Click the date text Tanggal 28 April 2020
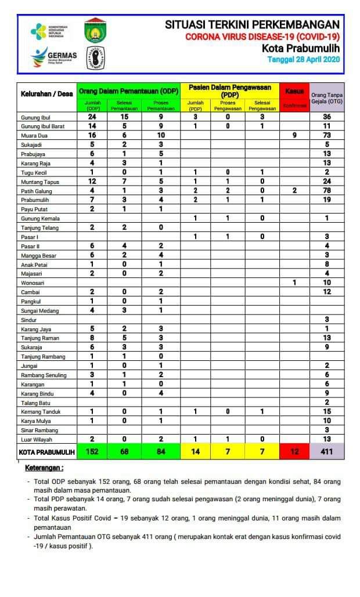pos(304,59)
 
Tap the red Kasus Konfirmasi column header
pos(295,97)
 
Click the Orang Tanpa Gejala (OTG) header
pos(327,97)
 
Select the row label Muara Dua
pos(34,135)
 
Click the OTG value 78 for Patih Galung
pos(327,190)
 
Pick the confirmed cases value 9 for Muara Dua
pos(295,135)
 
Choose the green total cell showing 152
pos(92,451)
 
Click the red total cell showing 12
pos(295,451)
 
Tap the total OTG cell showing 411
pos(327,451)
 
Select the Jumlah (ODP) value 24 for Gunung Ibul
pos(92,117)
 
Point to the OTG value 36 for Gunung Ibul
pos(327,117)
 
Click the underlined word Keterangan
pos(45,468)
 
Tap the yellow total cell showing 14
pos(196,451)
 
